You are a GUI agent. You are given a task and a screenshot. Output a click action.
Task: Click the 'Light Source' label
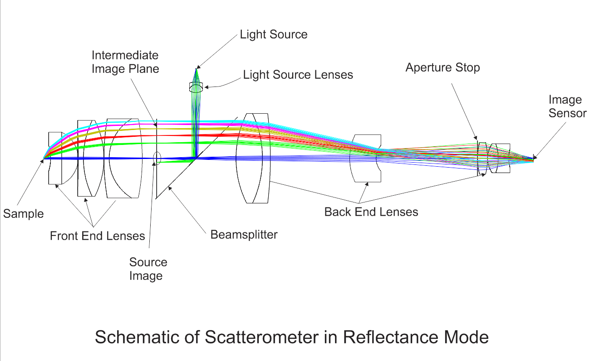(273, 34)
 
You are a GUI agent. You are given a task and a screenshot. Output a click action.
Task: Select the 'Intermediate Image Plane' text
(125, 62)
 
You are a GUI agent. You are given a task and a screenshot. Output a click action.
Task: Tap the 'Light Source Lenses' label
(298, 75)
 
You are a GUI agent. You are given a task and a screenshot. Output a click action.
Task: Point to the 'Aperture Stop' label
(442, 68)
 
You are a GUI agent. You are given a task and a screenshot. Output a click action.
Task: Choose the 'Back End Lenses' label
(371, 212)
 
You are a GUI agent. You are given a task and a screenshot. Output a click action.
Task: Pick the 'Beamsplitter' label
(244, 235)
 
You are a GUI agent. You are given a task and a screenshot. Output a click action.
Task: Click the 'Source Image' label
(148, 269)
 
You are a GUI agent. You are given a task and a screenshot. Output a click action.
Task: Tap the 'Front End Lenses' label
(97, 236)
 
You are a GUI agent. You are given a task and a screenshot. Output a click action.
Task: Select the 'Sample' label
(23, 214)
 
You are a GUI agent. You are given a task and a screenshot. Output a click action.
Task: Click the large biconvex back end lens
(253, 159)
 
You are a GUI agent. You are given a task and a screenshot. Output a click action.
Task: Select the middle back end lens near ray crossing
(366, 159)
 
